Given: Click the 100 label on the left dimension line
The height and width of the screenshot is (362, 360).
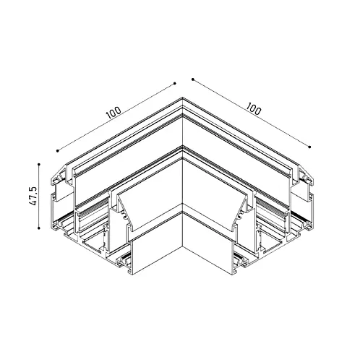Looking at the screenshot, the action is (x=113, y=113).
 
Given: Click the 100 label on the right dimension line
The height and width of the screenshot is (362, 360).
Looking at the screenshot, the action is (x=253, y=108).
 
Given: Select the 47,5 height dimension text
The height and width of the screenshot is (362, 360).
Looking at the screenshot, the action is (x=33, y=196).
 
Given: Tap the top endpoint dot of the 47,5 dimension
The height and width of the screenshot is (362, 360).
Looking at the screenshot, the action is (x=39, y=164).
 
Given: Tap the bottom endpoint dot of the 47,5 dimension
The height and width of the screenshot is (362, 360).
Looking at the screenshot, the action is (x=39, y=228).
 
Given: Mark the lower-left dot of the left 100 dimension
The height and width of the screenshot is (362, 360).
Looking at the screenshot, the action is (x=57, y=151).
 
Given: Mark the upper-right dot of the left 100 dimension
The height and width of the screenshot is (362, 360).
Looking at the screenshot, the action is (x=175, y=84).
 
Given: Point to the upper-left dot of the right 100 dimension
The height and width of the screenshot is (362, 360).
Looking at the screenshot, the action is (x=192, y=79).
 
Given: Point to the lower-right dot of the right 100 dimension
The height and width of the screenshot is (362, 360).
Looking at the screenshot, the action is (x=309, y=147).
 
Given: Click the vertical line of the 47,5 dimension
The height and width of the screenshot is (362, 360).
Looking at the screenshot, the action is (x=39, y=196).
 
